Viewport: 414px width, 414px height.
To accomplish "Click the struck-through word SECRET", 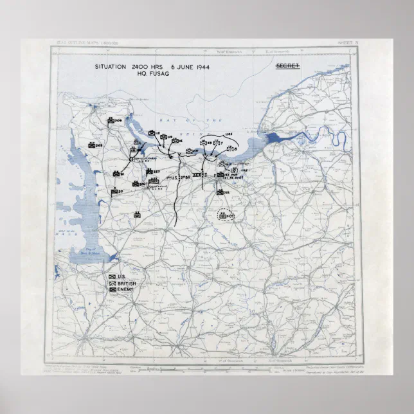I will coord(289,66).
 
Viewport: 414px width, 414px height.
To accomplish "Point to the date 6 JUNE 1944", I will coord(194,67).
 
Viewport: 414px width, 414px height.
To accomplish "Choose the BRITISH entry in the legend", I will coord(122,283).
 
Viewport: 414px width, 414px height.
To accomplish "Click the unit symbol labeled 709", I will coord(113,120).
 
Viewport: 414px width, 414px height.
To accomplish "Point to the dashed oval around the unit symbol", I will coord(226,215).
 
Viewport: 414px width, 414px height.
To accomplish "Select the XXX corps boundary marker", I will coord(199,174).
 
